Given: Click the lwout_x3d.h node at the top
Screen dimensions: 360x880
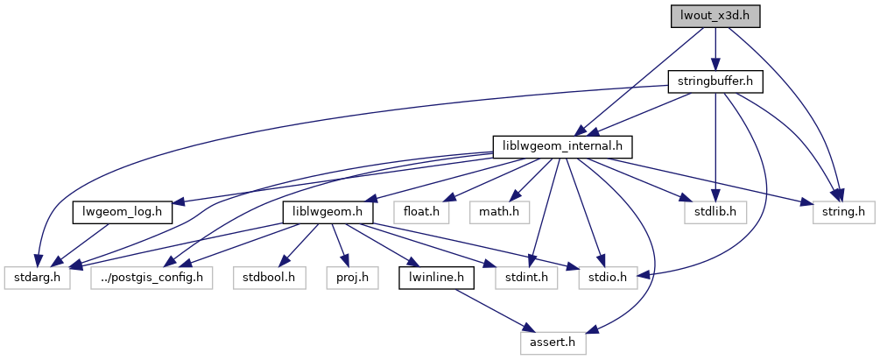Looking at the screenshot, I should pyautogui.click(x=715, y=16).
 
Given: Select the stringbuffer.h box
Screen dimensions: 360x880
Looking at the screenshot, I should pyautogui.click(x=715, y=81).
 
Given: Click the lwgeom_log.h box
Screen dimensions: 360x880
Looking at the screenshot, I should pyautogui.click(x=122, y=213).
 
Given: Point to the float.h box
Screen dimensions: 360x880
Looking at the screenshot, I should pyautogui.click(x=421, y=213).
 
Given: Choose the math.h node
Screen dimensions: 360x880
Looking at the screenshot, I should pyautogui.click(x=495, y=213).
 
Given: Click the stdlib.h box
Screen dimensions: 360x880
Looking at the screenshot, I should pyautogui.click(x=710, y=213).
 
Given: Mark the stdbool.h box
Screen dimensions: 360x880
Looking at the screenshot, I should pyautogui.click(x=270, y=279).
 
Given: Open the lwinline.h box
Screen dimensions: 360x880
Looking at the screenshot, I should pyautogui.click(x=437, y=279).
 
